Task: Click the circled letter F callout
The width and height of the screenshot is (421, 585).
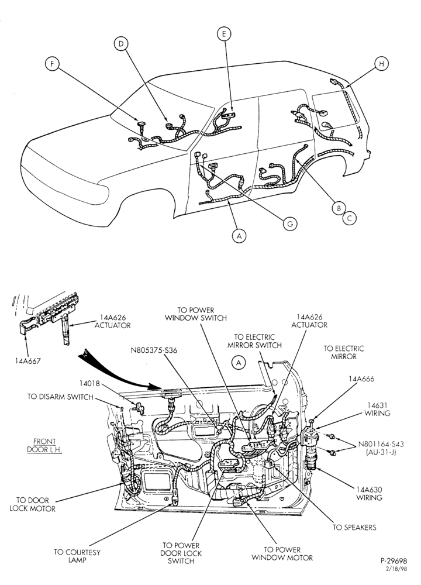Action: pyautogui.click(x=52, y=64)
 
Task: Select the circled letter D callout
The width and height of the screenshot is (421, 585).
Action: pyautogui.click(x=120, y=44)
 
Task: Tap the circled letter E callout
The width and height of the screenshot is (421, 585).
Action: pyautogui.click(x=224, y=35)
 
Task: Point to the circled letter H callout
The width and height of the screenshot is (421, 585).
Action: pyautogui.click(x=381, y=64)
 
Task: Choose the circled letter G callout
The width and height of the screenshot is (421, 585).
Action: pyautogui.click(x=290, y=223)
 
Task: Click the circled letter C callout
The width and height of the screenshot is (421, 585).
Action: pyautogui.click(x=350, y=218)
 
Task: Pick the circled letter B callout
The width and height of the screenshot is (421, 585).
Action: pyautogui.click(x=339, y=208)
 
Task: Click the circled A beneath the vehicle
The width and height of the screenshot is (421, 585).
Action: pyautogui.click(x=239, y=236)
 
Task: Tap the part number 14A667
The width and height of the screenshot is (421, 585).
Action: pyautogui.click(x=27, y=361)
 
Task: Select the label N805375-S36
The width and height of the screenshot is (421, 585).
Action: pyautogui.click(x=154, y=350)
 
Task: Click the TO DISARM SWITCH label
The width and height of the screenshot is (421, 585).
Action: pyautogui.click(x=60, y=397)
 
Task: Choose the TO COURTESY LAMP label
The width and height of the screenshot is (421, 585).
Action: pyautogui.click(x=77, y=556)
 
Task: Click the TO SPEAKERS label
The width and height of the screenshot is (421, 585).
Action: pyautogui.click(x=354, y=527)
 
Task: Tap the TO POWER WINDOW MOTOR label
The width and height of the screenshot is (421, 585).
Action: pyautogui.click(x=282, y=553)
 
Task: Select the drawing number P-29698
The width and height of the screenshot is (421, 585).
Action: pyautogui.click(x=394, y=561)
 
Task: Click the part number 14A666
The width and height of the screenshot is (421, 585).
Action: pyautogui.click(x=361, y=378)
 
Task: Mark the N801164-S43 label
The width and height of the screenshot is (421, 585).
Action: pyautogui.click(x=381, y=444)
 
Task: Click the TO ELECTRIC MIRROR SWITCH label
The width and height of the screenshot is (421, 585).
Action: pyautogui.click(x=254, y=341)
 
